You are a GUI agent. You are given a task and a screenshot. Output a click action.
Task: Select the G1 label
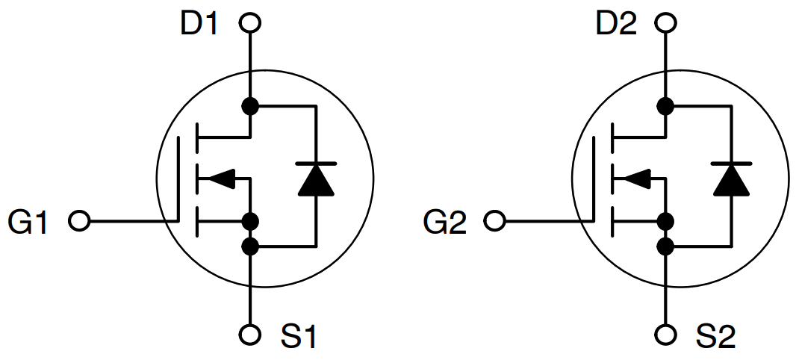coord(28,222)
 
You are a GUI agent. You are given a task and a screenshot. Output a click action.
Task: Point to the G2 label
coord(444,222)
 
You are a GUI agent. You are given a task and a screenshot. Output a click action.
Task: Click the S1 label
coord(299,337)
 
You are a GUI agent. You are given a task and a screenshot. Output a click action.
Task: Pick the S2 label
coord(716,337)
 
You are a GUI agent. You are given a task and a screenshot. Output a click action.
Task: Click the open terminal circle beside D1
coord(250,23)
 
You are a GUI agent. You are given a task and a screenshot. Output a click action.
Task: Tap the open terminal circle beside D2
coord(666,23)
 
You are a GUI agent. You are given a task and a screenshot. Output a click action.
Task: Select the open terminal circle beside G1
coord(78,221)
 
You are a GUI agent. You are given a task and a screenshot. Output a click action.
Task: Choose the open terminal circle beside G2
coord(494,221)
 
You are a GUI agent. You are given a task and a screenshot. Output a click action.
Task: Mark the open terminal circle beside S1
coord(251,333)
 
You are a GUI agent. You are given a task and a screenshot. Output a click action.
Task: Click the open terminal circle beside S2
coord(666,333)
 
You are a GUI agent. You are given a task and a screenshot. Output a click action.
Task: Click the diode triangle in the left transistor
coord(316,180)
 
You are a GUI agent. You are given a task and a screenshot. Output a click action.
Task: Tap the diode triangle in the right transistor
coord(731,180)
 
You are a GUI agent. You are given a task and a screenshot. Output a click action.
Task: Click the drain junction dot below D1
coord(251,106)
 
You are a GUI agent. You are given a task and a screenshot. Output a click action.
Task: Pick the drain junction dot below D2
coord(666,106)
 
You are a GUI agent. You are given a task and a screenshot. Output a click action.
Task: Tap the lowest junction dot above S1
coord(251,245)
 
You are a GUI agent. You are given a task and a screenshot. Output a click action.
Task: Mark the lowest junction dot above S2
coord(666,245)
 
